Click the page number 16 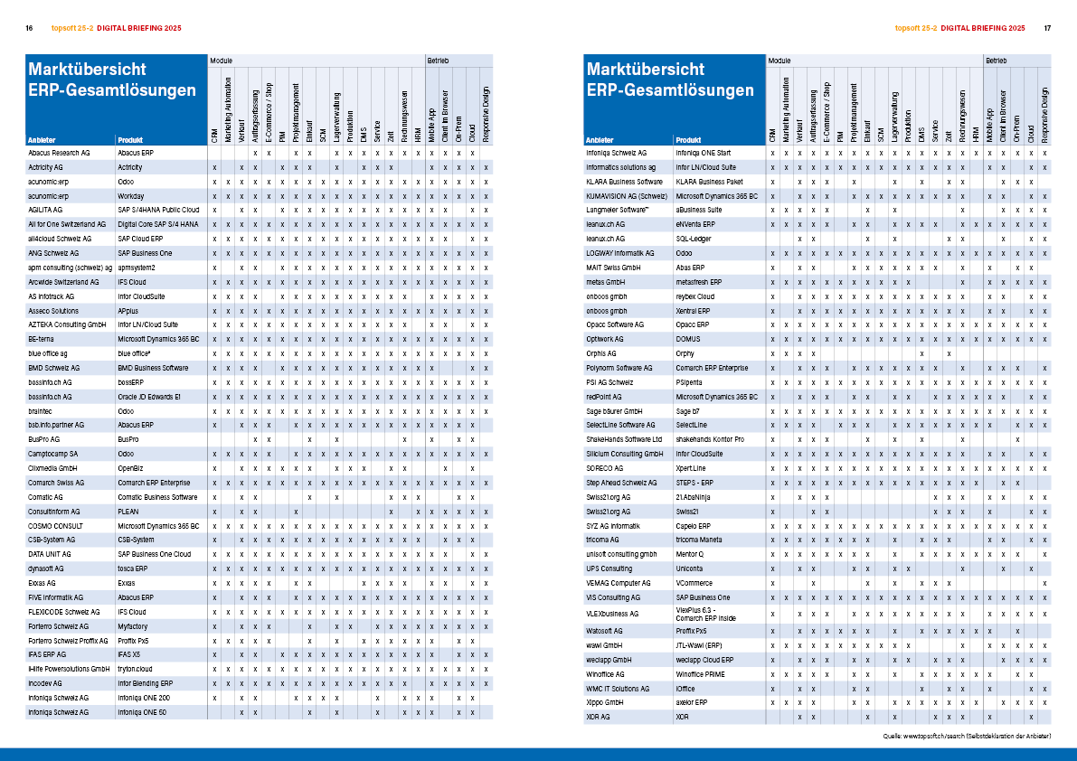[x=29, y=29]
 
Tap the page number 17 [x=1047, y=29]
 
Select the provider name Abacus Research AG [x=60, y=154]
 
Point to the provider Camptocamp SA [x=53, y=453]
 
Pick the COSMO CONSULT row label [x=56, y=525]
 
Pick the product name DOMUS [x=688, y=339]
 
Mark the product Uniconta [x=690, y=568]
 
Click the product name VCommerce [x=694, y=583]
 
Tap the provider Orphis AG [x=601, y=353]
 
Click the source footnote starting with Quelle [x=968, y=737]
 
